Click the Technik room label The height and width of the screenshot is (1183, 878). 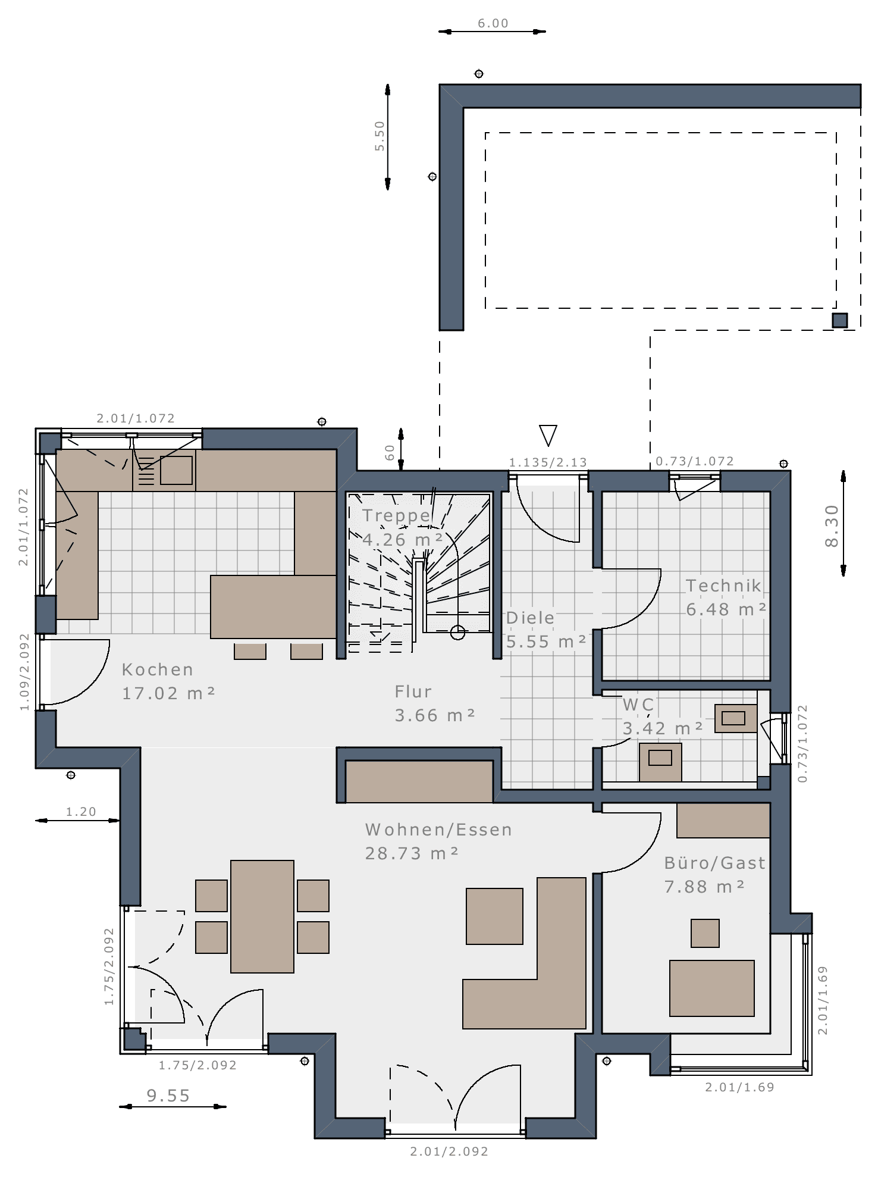point(723,586)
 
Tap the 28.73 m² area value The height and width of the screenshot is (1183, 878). point(412,853)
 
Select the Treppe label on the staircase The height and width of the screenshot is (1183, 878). point(396,516)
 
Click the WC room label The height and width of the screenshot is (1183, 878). point(638,705)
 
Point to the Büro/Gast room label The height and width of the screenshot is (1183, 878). point(715,863)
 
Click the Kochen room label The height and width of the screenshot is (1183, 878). point(158,669)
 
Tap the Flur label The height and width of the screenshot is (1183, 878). point(413,691)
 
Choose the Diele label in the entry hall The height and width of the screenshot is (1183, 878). point(530,618)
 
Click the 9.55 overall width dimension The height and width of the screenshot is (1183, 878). point(168,1096)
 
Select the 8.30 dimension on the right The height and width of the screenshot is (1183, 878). point(832,526)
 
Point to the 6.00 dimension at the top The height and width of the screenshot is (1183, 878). point(493,23)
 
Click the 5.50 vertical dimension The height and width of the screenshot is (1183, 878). point(380,136)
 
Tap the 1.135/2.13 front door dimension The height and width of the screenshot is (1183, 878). point(548,462)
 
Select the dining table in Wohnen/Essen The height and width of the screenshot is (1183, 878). point(262,916)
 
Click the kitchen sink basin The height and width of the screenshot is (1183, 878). point(177,470)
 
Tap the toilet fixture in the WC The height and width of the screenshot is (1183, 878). point(660,762)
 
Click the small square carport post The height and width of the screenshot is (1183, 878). point(840,320)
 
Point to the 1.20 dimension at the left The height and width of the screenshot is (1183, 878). point(81,812)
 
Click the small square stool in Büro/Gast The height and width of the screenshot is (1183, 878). point(705,933)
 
